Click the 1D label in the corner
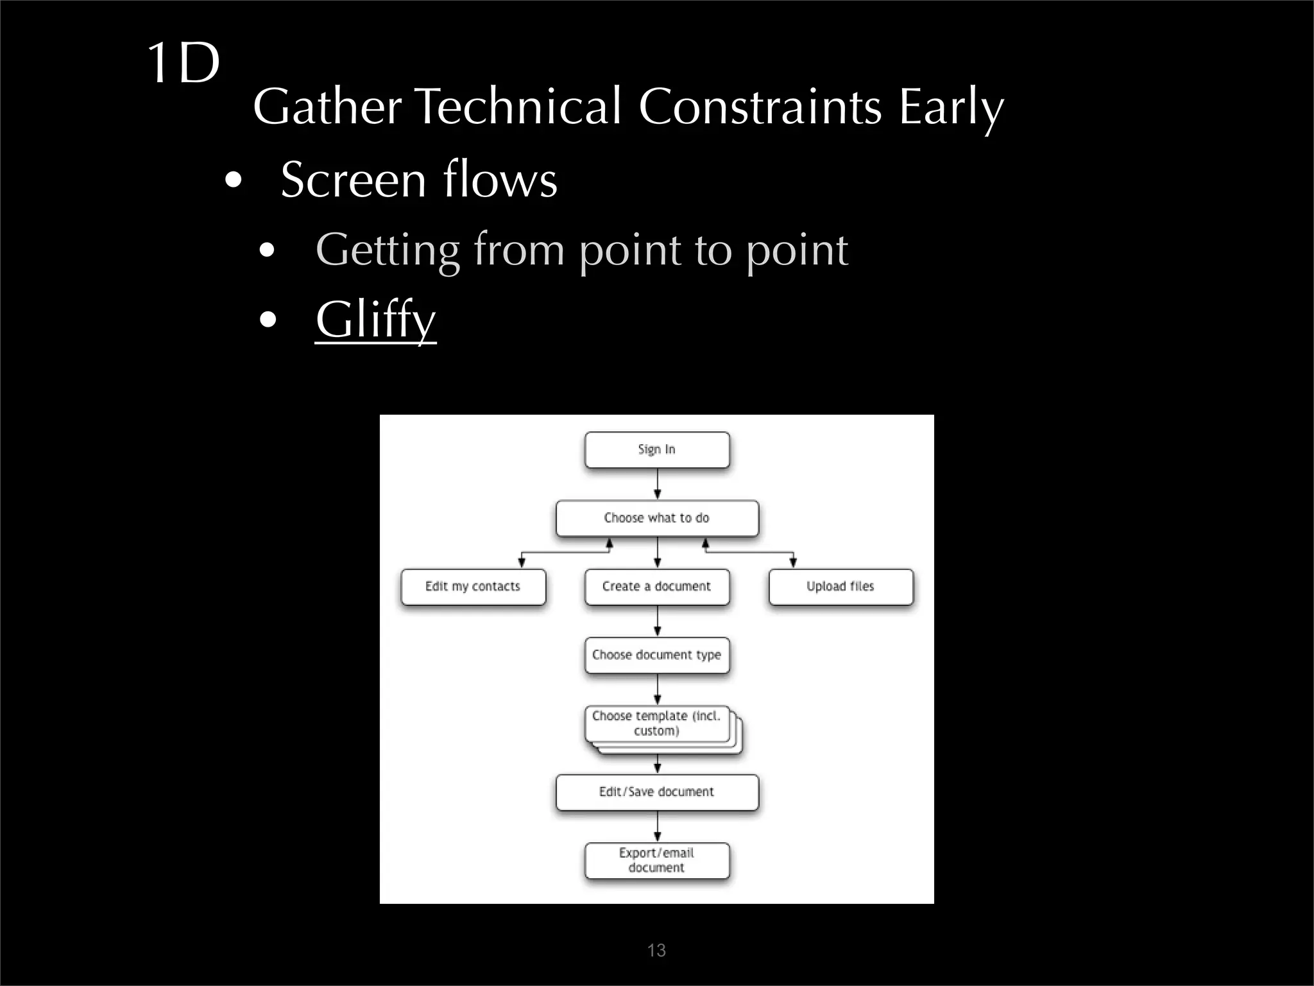point(183,63)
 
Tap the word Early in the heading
point(950,107)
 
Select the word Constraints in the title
point(760,107)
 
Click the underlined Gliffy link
point(375,319)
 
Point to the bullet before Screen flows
point(234,180)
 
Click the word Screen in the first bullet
point(352,180)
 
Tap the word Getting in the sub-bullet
point(388,250)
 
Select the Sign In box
point(657,449)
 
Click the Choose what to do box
point(657,518)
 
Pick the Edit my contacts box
point(473,587)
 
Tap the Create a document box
point(657,587)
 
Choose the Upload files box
point(840,587)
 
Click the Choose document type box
point(657,655)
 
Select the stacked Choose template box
point(657,723)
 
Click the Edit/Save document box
point(657,792)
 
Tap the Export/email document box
point(657,860)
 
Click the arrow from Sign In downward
point(657,484)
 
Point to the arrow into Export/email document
point(657,827)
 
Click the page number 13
point(656,950)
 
